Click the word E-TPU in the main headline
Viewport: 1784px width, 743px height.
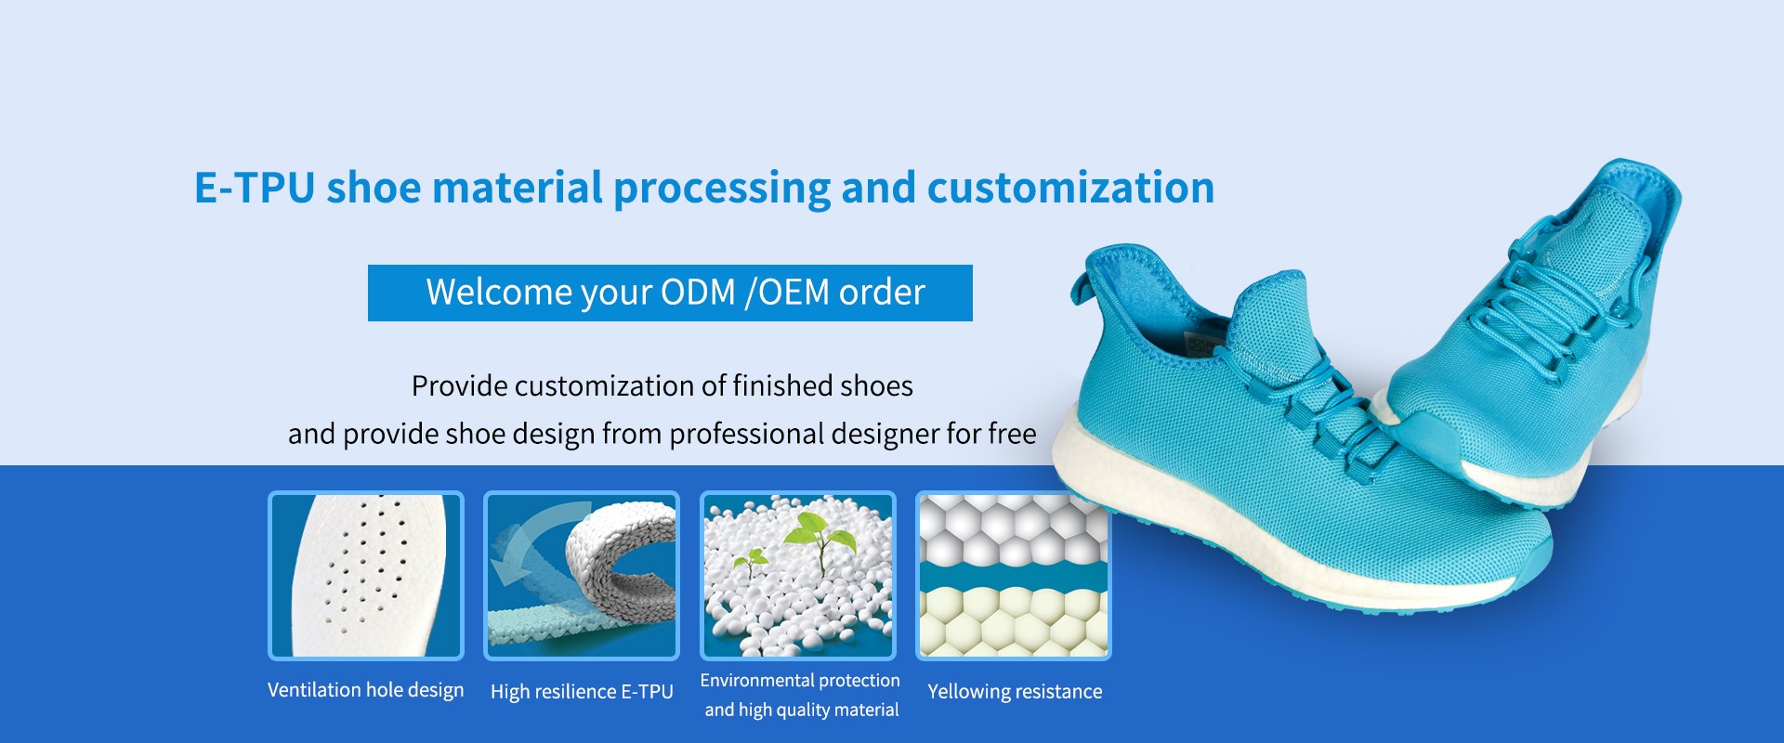pyautogui.click(x=255, y=188)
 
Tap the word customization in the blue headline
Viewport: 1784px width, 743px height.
pyautogui.click(x=1070, y=188)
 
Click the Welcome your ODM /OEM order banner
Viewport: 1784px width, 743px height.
pyautogui.click(x=670, y=293)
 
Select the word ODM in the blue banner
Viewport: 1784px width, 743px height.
pyautogui.click(x=698, y=293)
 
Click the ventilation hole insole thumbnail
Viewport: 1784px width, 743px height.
pyautogui.click(x=366, y=576)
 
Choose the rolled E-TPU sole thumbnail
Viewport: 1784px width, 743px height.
pyautogui.click(x=582, y=576)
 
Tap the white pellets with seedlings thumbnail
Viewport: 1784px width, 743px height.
pyautogui.click(x=798, y=576)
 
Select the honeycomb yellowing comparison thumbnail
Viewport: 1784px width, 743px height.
pyautogui.click(x=1014, y=576)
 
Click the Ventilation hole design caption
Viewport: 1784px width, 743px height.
pyautogui.click(x=365, y=690)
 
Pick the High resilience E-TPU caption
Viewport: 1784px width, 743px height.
pyautogui.click(x=582, y=692)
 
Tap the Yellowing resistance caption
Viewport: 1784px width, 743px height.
pyautogui.click(x=1015, y=692)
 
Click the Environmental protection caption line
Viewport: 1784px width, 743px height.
pyautogui.click(x=800, y=681)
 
